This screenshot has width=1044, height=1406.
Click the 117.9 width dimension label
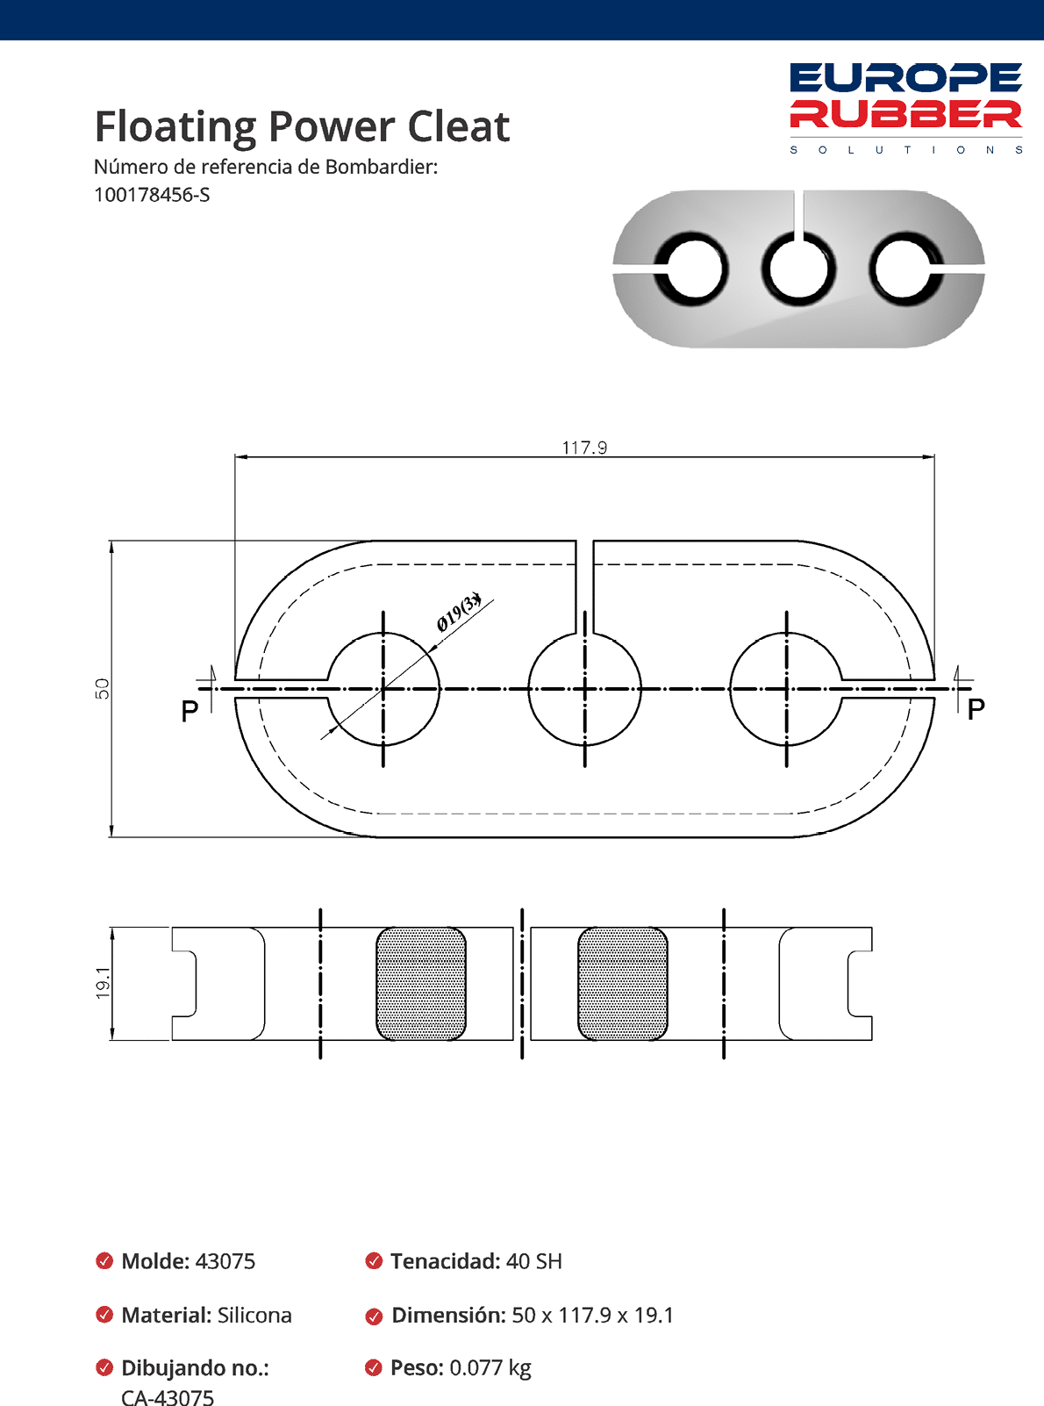pos(584,448)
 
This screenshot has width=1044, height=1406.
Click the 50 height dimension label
pos(103,688)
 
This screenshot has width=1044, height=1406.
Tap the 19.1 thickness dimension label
pos(103,983)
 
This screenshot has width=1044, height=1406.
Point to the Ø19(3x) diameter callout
pos(459,612)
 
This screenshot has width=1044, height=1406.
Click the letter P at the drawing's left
pos(189,711)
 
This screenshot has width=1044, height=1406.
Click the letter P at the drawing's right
pos(976,709)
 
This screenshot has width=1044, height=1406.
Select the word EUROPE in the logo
pos(905,78)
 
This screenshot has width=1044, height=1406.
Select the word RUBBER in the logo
pos(905,114)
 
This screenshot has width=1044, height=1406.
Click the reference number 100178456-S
pos(152,195)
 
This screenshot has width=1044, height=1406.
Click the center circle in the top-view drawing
pos(585,689)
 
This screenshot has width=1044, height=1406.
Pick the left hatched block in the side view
pos(421,984)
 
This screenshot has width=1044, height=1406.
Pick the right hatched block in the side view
pos(623,984)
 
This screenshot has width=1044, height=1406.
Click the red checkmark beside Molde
pos(104,1261)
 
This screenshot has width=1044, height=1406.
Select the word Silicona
pos(254,1315)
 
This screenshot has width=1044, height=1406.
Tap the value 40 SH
pos(533,1261)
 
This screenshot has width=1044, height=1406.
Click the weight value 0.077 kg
pos(490,1367)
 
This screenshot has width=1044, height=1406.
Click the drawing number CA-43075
pos(168,1396)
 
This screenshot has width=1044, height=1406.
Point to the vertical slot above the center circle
pos(585,584)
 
